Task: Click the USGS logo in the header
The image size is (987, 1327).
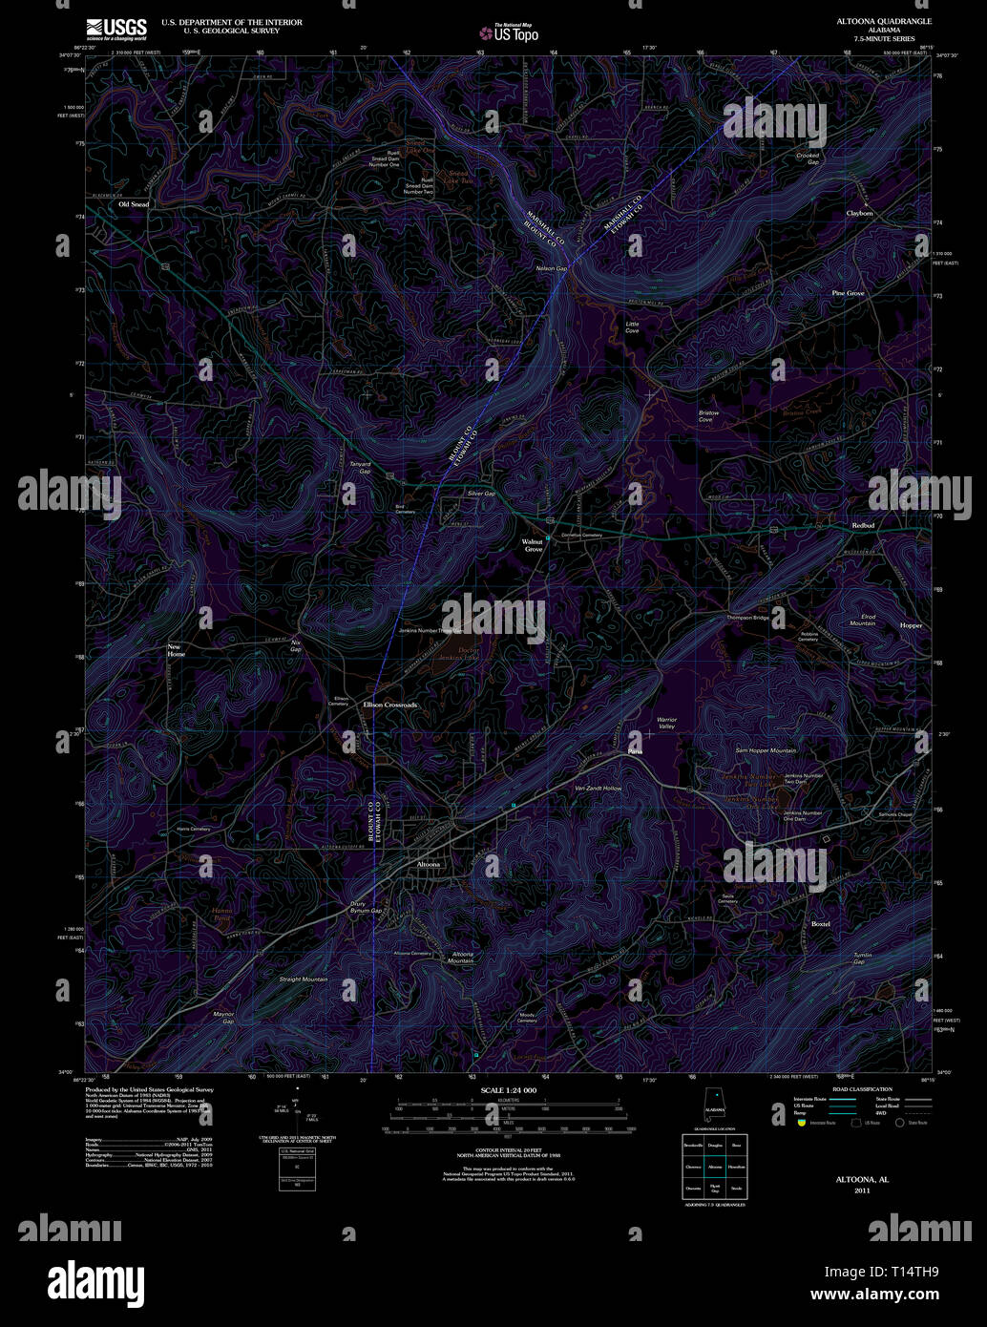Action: coord(116,28)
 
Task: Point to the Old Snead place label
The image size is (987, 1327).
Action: coord(134,204)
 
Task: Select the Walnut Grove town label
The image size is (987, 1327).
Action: coord(533,545)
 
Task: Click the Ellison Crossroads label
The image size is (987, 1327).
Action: coord(390,705)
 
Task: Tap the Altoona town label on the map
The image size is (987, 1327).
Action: coord(429,864)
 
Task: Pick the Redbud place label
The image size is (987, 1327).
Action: coord(863,526)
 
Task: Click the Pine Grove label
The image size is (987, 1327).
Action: coord(848,293)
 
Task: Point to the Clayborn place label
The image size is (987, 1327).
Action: coord(859,213)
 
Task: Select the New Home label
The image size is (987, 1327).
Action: coord(177,650)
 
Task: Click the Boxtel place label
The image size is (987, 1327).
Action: coord(820,924)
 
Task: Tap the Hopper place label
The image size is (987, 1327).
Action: coord(911,624)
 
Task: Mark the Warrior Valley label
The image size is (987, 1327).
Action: coord(666,723)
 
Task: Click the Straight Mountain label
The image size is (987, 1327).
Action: coord(303,979)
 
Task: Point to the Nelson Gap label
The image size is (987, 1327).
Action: coord(552,269)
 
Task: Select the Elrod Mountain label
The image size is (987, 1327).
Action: coord(862,620)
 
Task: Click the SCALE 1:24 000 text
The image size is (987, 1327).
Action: coord(509,1090)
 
